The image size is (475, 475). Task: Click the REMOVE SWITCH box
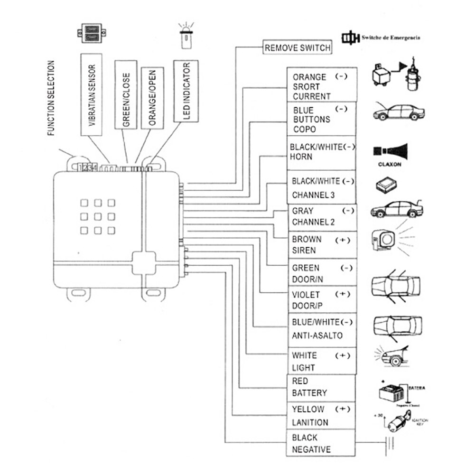[298, 47]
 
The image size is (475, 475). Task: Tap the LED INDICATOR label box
[186, 91]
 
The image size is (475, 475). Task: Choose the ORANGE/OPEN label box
[152, 98]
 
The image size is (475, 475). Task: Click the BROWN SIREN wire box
[321, 245]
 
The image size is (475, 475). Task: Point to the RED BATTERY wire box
[321, 387]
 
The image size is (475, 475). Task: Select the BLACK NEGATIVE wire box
[321, 443]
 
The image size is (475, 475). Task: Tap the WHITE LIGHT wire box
[321, 361]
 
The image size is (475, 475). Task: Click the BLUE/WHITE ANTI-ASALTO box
[321, 329]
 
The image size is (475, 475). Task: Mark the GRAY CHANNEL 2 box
[321, 216]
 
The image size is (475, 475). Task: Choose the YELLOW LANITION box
[321, 416]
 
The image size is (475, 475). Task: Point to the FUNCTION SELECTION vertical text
[52, 98]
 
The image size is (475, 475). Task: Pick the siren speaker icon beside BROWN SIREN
[384, 240]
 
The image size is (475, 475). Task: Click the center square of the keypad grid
[98, 216]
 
